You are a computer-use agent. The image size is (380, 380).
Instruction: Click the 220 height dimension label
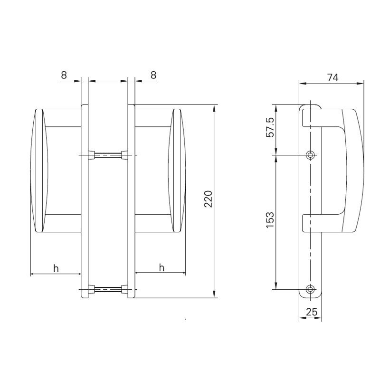coord(208,200)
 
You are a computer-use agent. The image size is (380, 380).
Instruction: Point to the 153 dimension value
coord(269,221)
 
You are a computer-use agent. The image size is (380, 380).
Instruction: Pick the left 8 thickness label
coord(64,75)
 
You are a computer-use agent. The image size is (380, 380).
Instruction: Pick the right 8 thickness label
coord(153,75)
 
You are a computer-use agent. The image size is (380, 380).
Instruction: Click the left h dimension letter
coord(56,268)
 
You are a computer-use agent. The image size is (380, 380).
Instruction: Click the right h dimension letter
coord(161,268)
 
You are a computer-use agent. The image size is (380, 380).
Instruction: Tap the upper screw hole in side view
coord(311,155)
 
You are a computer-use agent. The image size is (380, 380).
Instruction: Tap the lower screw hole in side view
coord(311,289)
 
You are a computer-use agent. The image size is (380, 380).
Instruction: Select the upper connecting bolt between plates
coord(109,155)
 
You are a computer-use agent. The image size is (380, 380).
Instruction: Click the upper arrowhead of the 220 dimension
coord(215,107)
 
